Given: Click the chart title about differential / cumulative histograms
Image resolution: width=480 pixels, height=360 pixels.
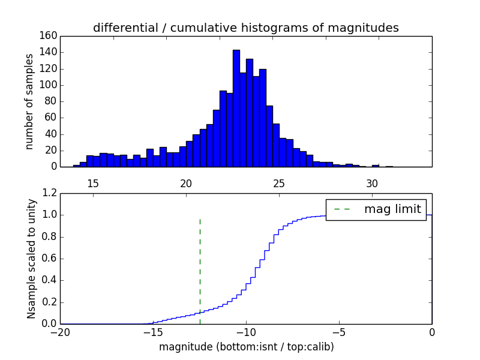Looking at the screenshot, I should coord(245,28).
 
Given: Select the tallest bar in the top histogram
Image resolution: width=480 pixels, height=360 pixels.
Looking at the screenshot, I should coord(236,108).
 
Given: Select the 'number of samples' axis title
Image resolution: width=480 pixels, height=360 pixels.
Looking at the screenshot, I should coord(29,101).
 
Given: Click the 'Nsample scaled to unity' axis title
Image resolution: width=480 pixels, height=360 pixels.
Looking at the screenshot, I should coord(31,259).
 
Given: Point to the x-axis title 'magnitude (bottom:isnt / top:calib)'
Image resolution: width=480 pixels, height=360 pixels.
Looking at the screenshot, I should coord(246,347).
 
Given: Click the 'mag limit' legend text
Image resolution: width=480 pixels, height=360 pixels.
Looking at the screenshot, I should coord(392,209).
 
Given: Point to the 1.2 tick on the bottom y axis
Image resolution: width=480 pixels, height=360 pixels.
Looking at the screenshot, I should coord(50,193).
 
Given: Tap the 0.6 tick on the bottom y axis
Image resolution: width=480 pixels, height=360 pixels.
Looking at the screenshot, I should coord(50,259).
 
